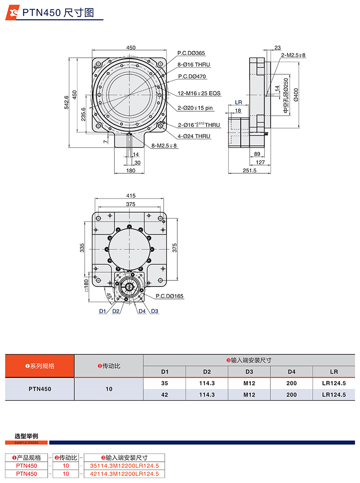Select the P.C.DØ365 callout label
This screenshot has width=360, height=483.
point(191,53)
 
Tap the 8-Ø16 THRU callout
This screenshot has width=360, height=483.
point(193,65)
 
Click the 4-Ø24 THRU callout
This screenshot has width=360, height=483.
point(194,136)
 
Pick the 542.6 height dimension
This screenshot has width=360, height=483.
point(67,102)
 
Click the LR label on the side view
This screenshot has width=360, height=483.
point(238,103)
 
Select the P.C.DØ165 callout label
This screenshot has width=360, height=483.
point(170,296)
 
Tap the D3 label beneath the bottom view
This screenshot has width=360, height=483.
point(154,311)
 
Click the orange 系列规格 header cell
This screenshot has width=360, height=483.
point(40,366)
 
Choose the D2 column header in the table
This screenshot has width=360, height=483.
point(207,372)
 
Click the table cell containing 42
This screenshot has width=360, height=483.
point(164,394)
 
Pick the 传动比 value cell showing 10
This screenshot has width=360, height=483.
point(108,389)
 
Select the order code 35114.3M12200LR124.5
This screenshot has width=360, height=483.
point(125,466)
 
